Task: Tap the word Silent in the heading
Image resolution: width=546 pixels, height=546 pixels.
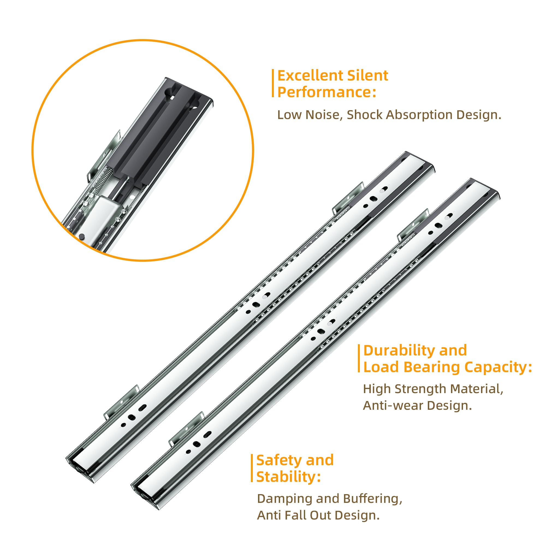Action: click(x=367, y=76)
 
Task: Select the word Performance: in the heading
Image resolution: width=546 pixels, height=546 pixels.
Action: click(x=327, y=93)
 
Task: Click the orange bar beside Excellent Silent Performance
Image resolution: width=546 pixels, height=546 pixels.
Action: click(x=273, y=83)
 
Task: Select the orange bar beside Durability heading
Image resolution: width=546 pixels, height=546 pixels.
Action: click(x=359, y=358)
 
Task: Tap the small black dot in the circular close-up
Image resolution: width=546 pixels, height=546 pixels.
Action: click(x=82, y=236)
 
